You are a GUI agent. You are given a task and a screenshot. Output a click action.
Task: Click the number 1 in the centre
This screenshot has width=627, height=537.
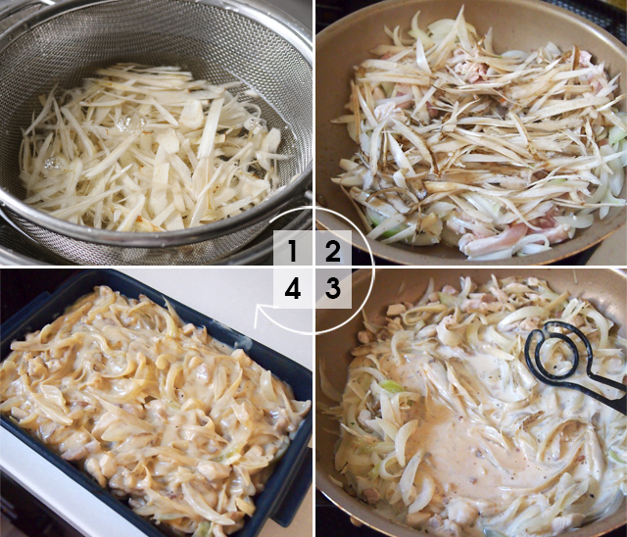292,251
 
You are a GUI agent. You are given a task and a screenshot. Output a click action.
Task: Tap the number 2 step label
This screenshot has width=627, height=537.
333,251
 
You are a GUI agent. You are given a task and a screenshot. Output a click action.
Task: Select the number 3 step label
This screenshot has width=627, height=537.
333,290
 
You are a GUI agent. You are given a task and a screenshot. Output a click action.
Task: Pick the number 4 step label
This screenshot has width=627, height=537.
292,290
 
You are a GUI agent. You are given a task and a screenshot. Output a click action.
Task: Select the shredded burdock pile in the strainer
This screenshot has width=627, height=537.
147,147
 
